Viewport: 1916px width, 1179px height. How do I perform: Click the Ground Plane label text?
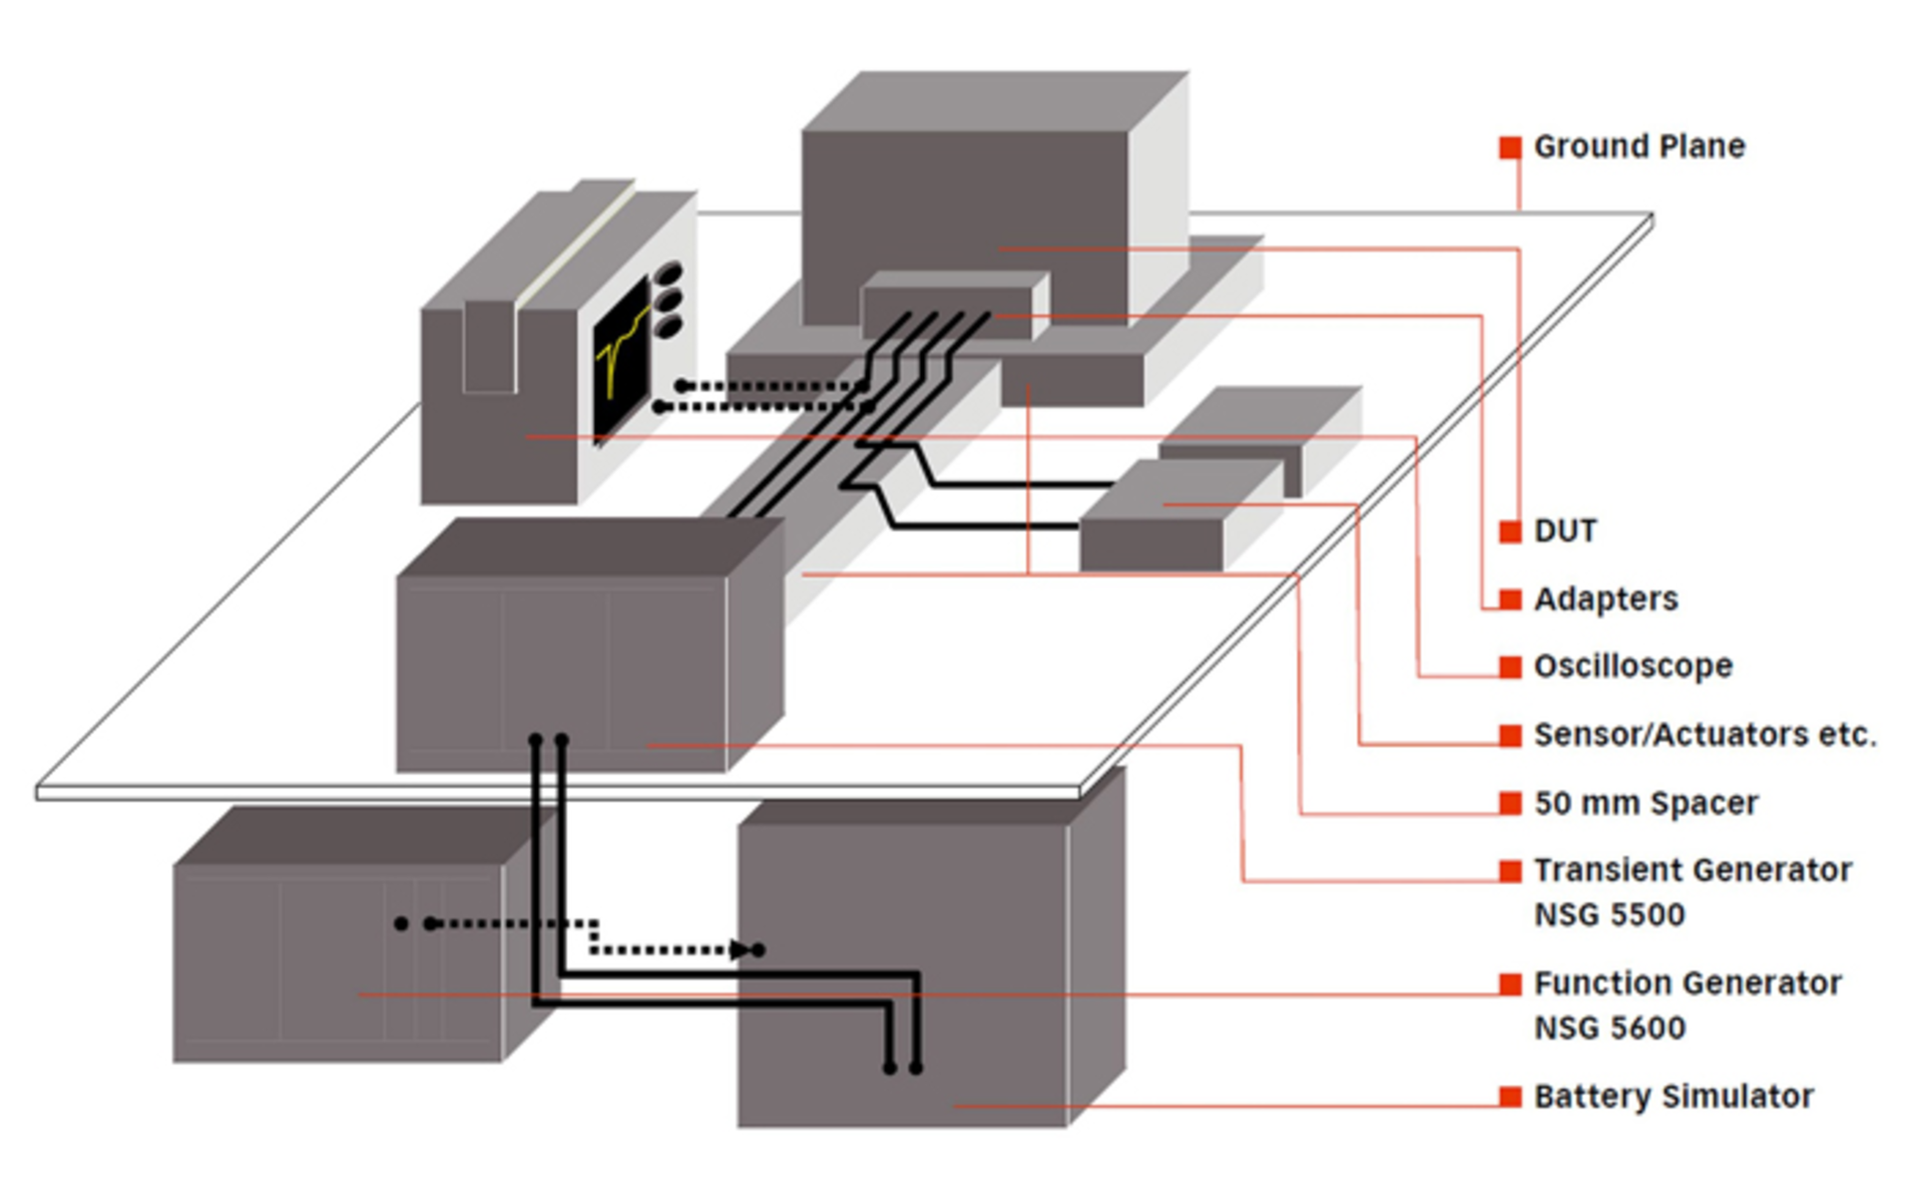[1639, 147]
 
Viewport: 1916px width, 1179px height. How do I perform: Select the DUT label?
[1565, 531]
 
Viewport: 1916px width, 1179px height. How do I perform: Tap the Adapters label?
[1605, 598]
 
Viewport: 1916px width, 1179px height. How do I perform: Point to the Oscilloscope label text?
[1633, 665]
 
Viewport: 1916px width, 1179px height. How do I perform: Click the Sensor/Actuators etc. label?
[1704, 734]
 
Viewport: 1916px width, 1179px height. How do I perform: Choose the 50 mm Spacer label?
[1646, 802]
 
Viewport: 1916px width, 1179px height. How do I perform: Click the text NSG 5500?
[1609, 914]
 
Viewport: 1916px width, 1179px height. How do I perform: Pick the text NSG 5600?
[1609, 1026]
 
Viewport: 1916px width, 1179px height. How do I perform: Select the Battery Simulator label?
[1673, 1095]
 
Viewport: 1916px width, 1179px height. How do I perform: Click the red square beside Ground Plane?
[1510, 148]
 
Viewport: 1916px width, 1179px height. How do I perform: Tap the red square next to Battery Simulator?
[1510, 1096]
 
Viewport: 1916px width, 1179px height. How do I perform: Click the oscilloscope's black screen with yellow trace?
[621, 358]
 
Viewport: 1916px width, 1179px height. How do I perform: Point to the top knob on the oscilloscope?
[669, 273]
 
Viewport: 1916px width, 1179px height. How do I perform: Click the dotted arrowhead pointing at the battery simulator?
[741, 950]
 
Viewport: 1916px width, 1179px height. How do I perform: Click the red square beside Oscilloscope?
[1510, 666]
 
